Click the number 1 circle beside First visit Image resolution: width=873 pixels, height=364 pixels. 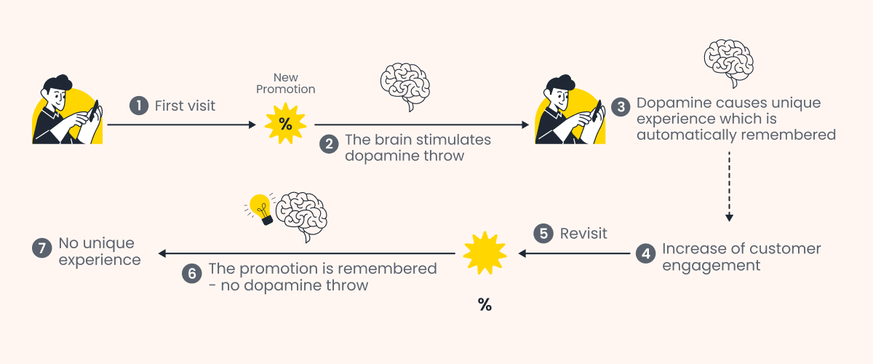pos(139,106)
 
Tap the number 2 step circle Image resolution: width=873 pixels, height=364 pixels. pos(330,144)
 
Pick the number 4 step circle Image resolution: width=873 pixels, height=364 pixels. pos(645,253)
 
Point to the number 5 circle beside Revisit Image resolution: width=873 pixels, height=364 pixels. pos(543,234)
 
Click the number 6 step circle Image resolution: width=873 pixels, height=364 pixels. pos(191,274)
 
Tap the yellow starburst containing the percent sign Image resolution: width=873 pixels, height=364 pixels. pos(286,124)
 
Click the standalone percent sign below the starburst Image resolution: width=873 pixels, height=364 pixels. pos(485,305)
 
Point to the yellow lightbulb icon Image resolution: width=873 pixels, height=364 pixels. pos(260,208)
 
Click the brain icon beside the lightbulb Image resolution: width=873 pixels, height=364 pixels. pos(303,217)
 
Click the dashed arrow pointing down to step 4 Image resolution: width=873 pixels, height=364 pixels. pos(729,186)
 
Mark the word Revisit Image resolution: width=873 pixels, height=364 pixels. pos(583,234)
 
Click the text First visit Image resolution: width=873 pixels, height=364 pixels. pos(185,106)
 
